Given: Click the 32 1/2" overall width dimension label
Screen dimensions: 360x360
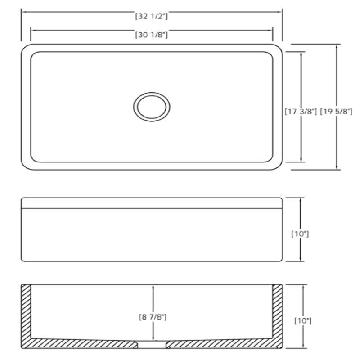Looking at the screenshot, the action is (152, 16).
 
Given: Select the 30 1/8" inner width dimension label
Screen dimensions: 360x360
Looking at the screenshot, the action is (152, 35).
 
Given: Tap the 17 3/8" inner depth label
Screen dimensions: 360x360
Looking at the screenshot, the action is (301, 112).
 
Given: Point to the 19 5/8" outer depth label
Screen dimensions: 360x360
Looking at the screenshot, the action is (336, 112).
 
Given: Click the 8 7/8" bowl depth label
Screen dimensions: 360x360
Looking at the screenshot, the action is (153, 317).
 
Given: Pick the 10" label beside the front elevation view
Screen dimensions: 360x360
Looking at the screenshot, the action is (300, 234).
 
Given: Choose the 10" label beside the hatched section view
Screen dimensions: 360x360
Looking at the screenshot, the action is (303, 321).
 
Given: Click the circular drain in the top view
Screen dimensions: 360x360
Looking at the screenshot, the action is (152, 107).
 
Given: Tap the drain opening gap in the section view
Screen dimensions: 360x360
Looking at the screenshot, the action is (152, 344).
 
